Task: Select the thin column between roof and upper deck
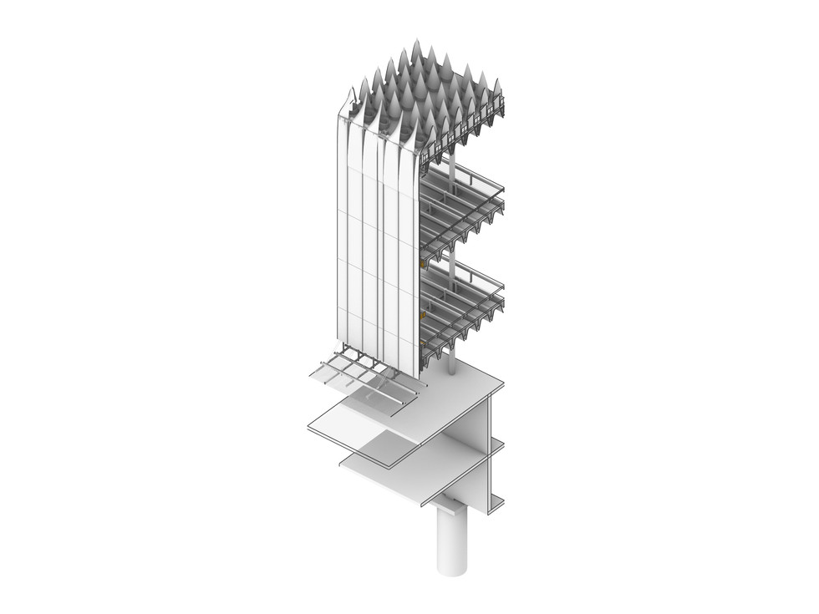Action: (x=452, y=168)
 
